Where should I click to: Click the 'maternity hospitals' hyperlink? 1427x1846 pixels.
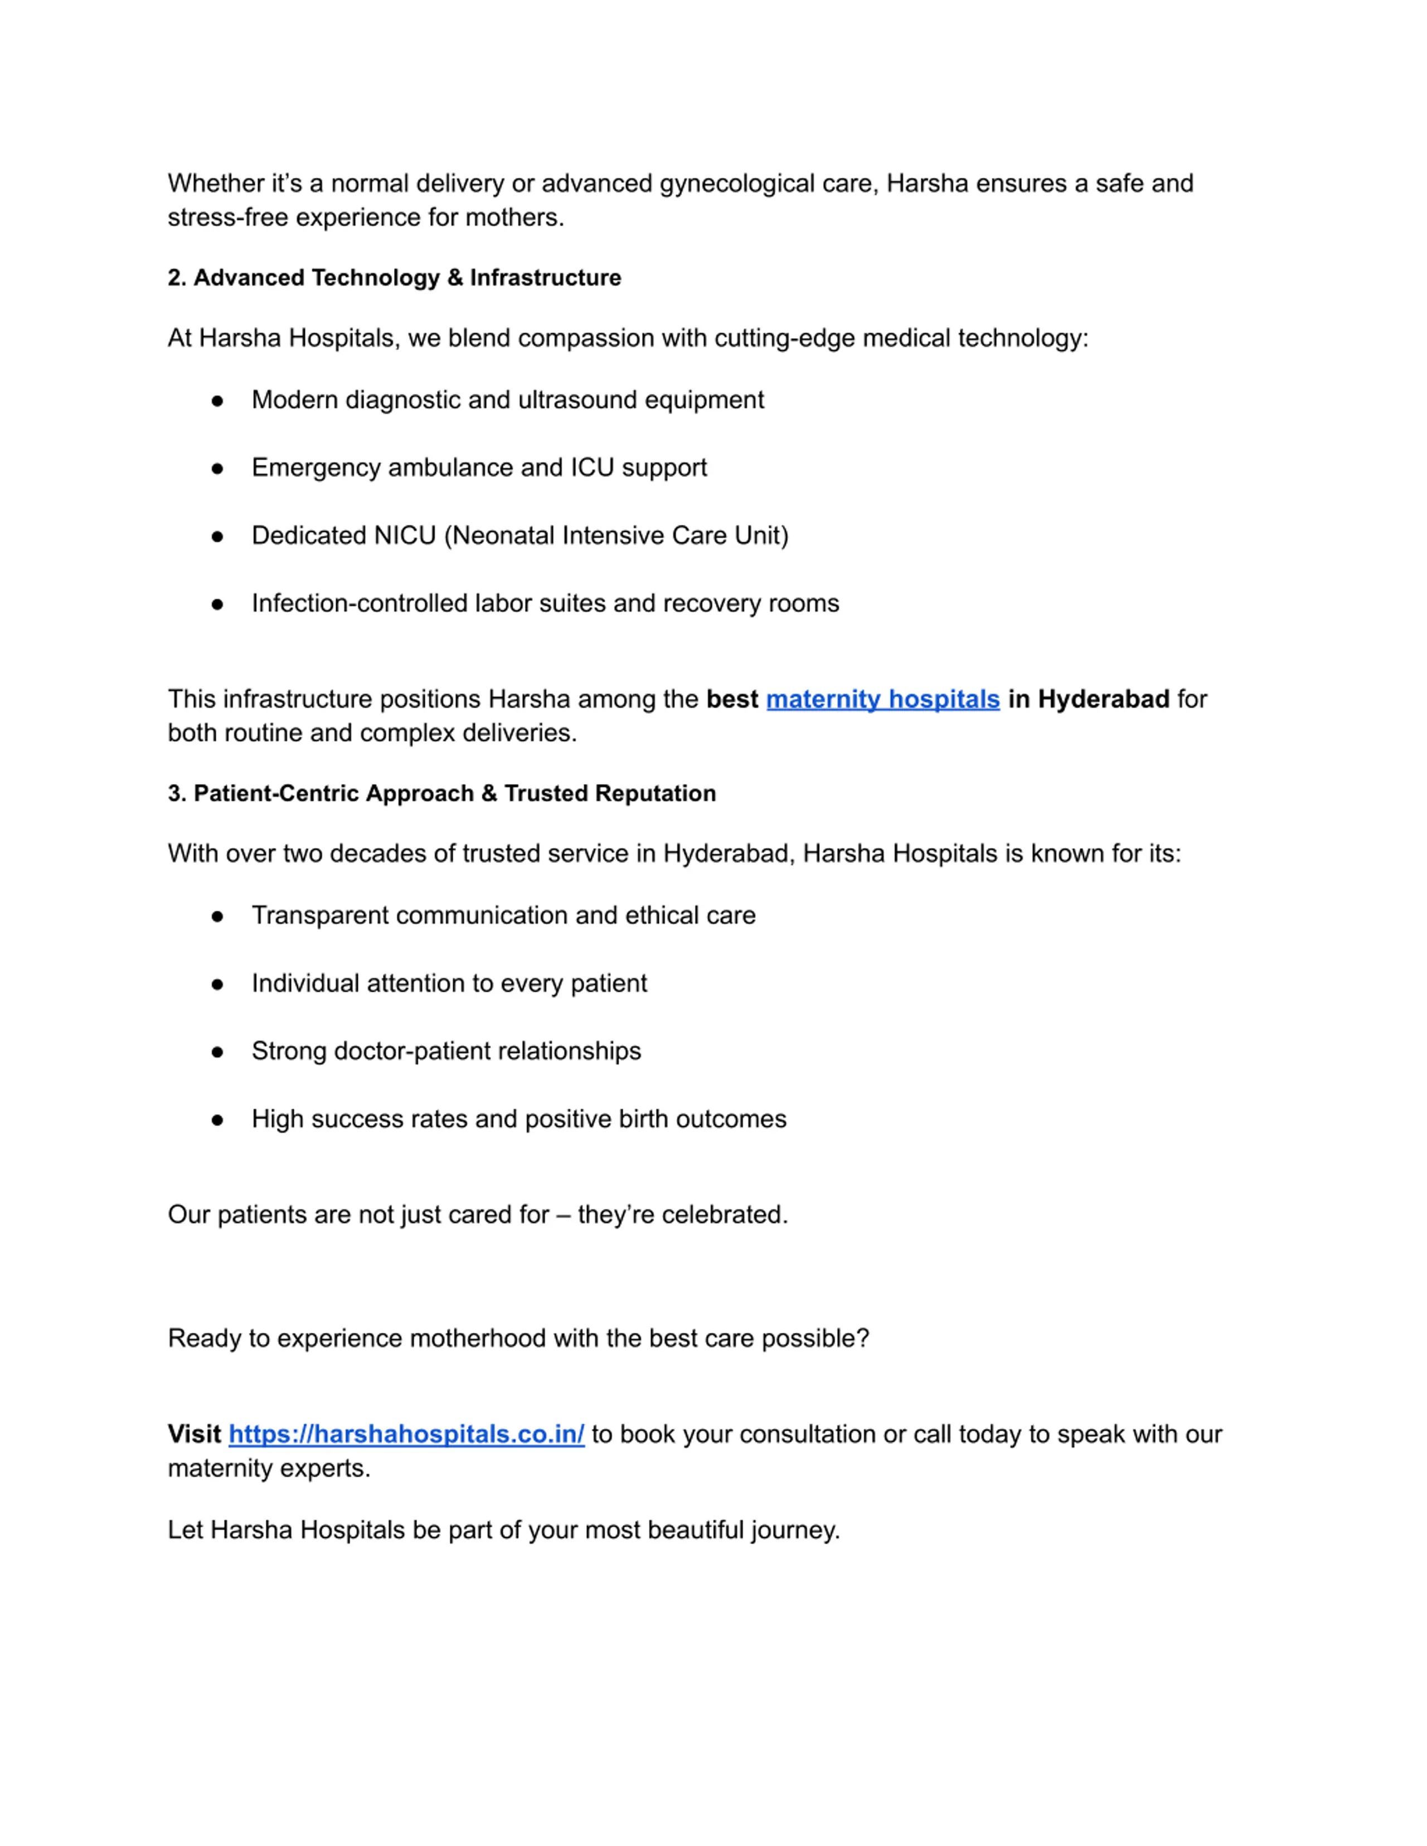pos(882,699)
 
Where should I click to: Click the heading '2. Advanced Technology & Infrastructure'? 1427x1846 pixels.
pos(394,278)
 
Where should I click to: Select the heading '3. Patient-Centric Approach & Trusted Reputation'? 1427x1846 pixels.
pos(441,793)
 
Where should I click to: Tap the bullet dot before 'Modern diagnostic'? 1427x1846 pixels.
pos(217,401)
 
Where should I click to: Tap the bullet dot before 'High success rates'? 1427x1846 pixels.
pos(217,1120)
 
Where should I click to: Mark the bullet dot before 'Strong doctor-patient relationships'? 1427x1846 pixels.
pos(217,1053)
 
